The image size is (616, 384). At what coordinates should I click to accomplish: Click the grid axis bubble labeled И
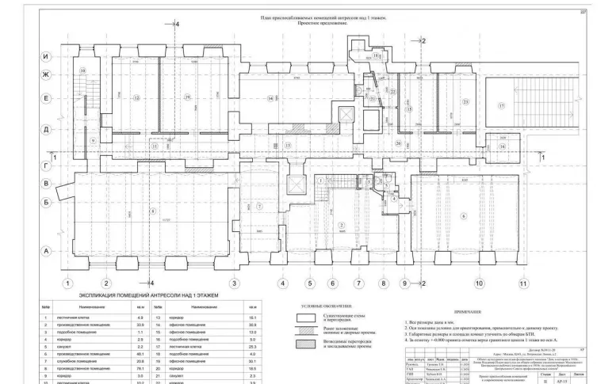[x=46, y=58]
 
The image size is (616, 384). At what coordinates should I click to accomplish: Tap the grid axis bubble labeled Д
[x=46, y=128]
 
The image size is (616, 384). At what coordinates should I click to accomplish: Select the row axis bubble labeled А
[x=46, y=251]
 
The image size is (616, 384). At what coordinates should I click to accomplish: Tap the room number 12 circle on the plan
[x=136, y=98]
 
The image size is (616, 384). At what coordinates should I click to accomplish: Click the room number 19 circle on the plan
[x=187, y=98]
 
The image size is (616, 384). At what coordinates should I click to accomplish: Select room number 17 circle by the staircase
[x=501, y=105]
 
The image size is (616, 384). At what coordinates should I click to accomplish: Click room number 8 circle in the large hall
[x=149, y=211]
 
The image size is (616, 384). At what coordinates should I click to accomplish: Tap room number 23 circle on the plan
[x=465, y=102]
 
